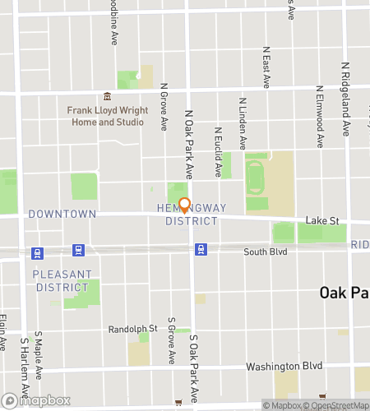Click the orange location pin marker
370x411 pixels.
[x=184, y=205]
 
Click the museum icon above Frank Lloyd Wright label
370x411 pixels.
[x=107, y=95]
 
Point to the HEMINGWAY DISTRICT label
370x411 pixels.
[x=191, y=215]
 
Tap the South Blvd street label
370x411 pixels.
[x=266, y=250]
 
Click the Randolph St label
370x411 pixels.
[x=127, y=329]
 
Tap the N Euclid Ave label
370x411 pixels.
[x=219, y=152]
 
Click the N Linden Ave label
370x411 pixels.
[x=243, y=123]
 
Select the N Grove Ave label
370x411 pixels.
[x=164, y=105]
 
